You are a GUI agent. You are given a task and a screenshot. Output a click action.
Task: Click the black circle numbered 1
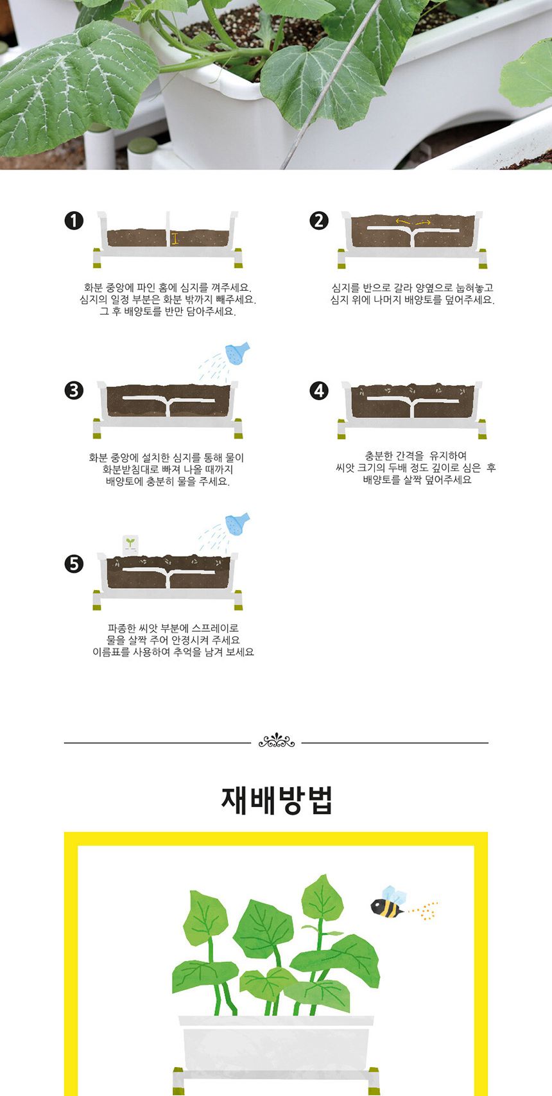click(74, 221)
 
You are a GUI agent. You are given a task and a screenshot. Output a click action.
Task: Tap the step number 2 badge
click(319, 221)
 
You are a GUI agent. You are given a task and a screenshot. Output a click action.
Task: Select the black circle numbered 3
click(74, 390)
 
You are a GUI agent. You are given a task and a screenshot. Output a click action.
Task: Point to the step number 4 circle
click(319, 390)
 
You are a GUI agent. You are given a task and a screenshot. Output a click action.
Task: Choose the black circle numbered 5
click(74, 564)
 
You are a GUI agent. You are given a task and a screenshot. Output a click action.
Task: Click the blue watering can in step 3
click(237, 353)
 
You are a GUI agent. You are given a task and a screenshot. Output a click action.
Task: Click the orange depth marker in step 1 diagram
click(175, 239)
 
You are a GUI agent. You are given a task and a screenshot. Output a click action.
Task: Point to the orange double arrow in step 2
click(413, 222)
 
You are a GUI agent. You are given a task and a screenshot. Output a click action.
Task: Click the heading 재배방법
click(277, 800)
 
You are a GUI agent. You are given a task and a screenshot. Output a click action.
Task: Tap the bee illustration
click(388, 904)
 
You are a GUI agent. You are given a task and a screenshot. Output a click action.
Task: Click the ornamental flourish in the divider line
click(277, 742)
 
